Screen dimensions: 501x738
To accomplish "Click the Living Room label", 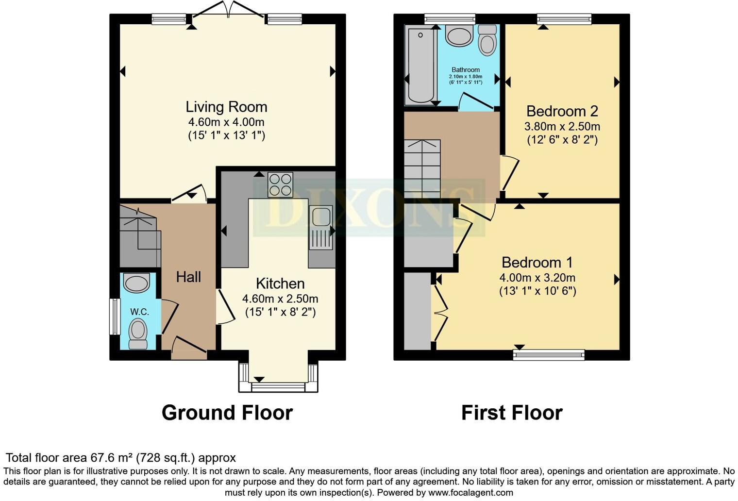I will point(226,107).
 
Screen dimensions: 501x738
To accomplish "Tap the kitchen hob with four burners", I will point(280,184).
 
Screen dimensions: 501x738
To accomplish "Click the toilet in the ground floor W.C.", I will point(138,334).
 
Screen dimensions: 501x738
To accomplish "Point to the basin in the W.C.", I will point(136,283).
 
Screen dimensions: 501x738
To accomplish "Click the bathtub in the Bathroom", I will point(420,66).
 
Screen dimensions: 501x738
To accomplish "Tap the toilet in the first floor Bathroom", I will point(487,40).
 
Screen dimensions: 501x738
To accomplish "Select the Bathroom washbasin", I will point(459,36).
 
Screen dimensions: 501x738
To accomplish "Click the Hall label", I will point(188,277).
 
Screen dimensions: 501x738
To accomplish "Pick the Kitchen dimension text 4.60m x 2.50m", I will point(280,299).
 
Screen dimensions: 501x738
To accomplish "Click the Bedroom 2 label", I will point(562,111).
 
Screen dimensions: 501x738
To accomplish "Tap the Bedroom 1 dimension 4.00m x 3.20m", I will point(537,278).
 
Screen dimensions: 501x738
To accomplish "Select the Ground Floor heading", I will point(227,413).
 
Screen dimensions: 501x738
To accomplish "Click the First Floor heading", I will point(511,413).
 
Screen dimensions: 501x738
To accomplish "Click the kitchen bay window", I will point(278,386).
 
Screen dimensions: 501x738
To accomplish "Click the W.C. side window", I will point(115,317).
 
